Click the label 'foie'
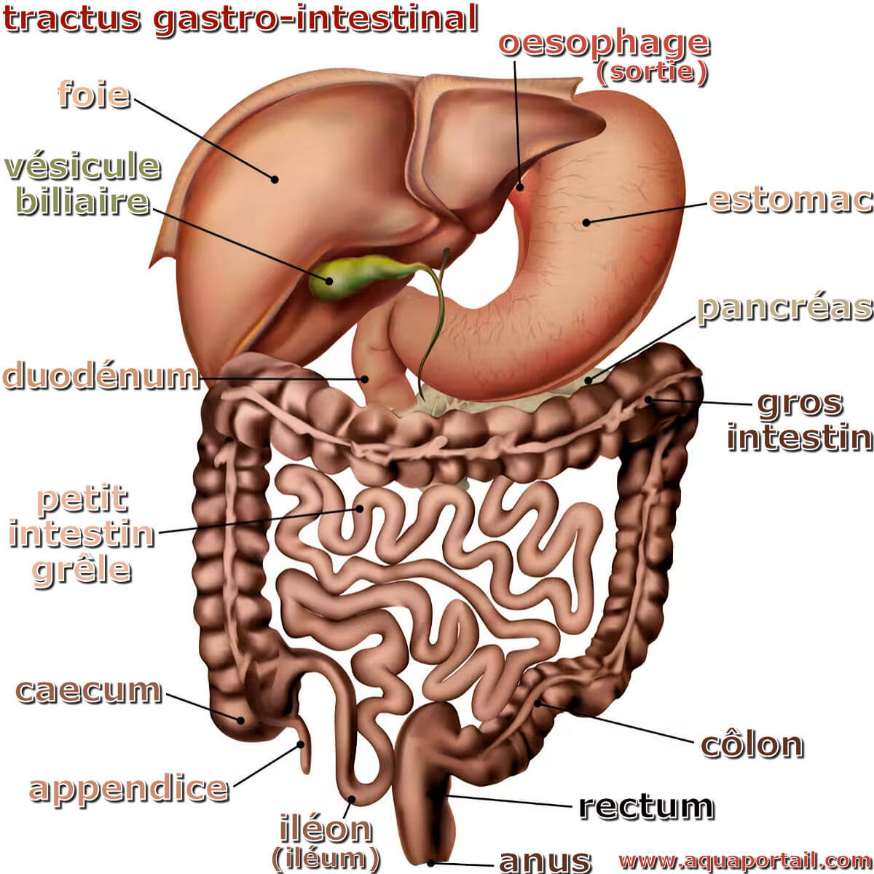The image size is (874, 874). (93, 95)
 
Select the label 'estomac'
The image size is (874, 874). (790, 200)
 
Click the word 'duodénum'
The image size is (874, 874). (101, 377)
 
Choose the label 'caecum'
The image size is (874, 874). (89, 690)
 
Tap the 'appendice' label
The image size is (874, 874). (128, 788)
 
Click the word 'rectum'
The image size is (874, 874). (646, 806)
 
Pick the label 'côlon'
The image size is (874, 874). (752, 744)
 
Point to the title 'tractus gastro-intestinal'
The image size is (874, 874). (240, 19)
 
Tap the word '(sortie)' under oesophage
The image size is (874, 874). (651, 73)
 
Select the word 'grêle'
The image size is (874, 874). (82, 569)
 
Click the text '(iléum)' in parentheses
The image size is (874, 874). (326, 858)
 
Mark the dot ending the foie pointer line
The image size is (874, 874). (275, 178)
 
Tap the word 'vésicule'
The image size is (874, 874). (82, 167)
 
